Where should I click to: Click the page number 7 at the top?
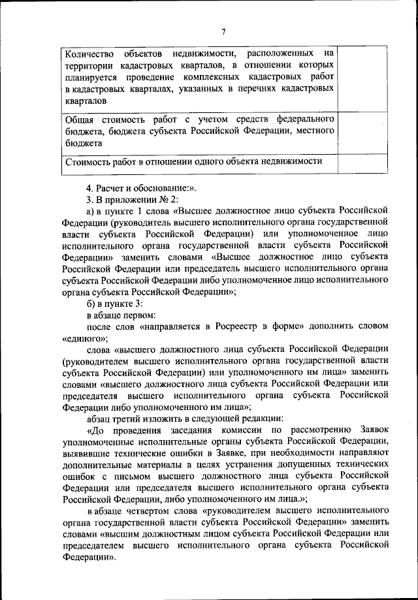tap(223, 32)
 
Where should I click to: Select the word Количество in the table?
tap(88, 52)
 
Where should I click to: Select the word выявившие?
tap(89, 456)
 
